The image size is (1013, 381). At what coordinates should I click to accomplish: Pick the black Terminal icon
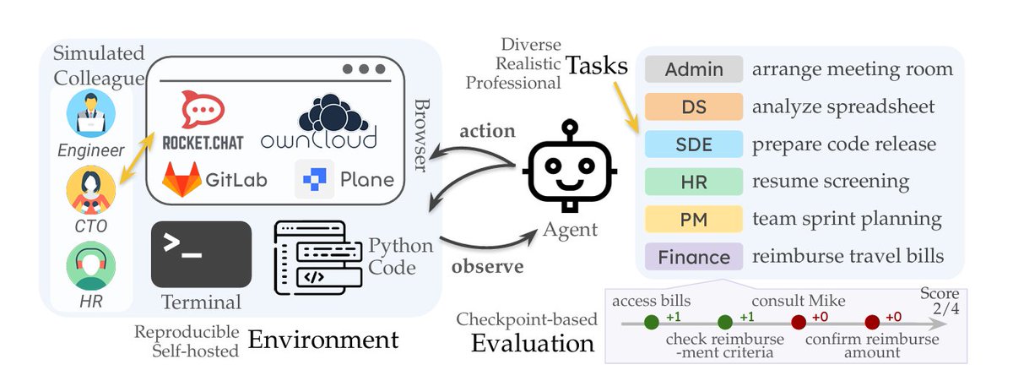pyautogui.click(x=201, y=254)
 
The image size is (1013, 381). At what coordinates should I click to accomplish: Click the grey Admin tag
pyautogui.click(x=693, y=69)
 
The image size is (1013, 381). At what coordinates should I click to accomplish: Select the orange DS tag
pyautogui.click(x=693, y=106)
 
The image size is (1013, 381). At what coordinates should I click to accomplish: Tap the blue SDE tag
pyautogui.click(x=693, y=144)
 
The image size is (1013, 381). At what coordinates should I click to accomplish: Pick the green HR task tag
pyautogui.click(x=693, y=181)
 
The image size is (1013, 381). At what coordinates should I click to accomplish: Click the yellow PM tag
pyautogui.click(x=693, y=218)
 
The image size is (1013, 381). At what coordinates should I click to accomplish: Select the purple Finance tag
pyautogui.click(x=693, y=256)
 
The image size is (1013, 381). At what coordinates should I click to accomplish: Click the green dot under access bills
pyautogui.click(x=650, y=322)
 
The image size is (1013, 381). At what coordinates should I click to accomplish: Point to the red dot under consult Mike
pyautogui.click(x=798, y=322)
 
